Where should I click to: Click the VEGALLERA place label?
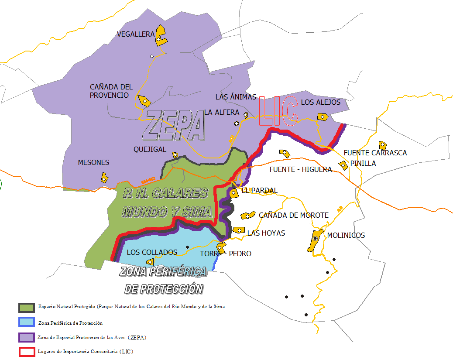(136, 34)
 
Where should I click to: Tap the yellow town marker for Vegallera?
(161, 36)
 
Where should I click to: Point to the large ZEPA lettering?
(175, 124)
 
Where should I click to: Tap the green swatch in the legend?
(26, 307)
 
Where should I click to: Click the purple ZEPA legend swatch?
(26, 337)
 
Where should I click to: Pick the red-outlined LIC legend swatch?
(26, 351)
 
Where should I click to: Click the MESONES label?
(93, 162)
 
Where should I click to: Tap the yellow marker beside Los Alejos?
(323, 117)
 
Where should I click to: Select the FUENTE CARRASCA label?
(375, 153)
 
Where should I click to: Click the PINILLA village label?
(363, 163)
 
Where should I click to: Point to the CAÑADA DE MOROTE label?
(293, 215)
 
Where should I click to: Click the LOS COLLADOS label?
(152, 252)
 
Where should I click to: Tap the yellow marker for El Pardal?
(234, 192)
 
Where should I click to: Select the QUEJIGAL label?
(150, 149)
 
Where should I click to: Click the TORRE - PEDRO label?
(226, 254)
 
